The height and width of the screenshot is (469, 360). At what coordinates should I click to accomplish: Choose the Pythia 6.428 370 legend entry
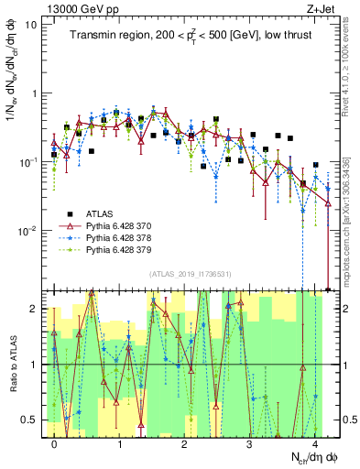click(x=125, y=224)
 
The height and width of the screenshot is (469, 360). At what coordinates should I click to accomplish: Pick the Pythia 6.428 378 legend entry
click(x=125, y=236)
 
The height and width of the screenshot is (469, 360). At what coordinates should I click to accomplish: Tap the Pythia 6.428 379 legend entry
click(x=125, y=249)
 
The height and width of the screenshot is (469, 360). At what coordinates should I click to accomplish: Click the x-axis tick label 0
click(x=55, y=442)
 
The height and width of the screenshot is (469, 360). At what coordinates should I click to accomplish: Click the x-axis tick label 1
click(x=120, y=442)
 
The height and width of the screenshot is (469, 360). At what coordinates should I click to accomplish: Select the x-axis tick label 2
click(x=185, y=442)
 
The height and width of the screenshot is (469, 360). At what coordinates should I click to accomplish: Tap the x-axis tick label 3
click(x=250, y=442)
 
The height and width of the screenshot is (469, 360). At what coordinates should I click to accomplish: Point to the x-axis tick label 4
click(x=315, y=442)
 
